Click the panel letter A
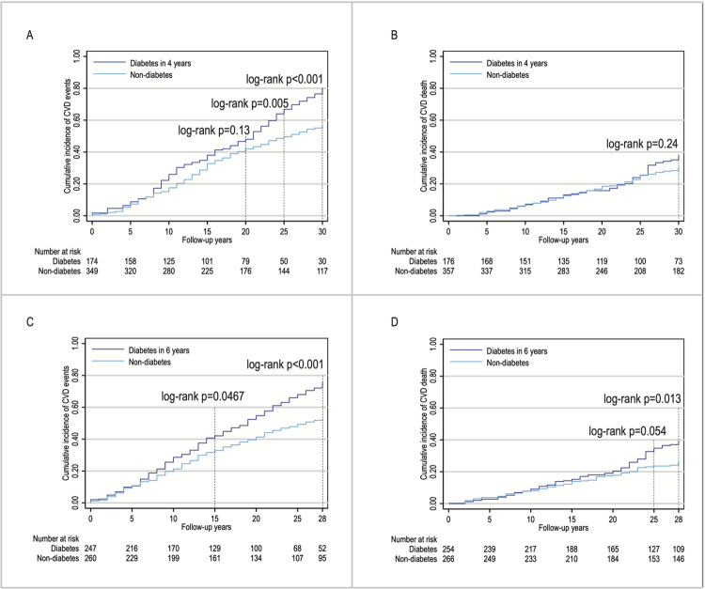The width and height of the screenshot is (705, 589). (30, 35)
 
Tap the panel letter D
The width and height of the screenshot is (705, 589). (394, 322)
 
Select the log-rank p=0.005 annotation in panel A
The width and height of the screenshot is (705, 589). (249, 103)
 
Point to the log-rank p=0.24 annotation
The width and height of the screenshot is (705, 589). (642, 145)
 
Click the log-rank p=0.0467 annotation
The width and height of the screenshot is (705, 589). (203, 396)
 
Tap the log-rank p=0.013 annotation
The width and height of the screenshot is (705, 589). (642, 399)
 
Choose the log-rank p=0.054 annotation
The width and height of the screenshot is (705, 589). (628, 431)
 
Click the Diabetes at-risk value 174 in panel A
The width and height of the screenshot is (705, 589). (92, 261)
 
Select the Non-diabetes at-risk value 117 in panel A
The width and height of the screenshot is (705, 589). (321, 271)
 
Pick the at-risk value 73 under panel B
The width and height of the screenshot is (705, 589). (679, 261)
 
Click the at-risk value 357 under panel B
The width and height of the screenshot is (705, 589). (448, 271)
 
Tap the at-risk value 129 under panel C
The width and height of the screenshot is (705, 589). (214, 548)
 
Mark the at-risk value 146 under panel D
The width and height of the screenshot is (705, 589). (679, 559)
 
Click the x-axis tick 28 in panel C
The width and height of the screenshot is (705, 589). (322, 519)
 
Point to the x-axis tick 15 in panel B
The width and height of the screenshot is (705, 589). (563, 231)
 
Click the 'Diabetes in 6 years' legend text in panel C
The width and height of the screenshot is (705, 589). (159, 350)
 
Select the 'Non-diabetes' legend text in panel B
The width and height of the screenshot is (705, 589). (508, 75)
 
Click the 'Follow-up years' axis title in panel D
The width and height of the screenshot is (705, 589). (563, 527)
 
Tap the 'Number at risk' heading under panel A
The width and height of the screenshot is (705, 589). (57, 252)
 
